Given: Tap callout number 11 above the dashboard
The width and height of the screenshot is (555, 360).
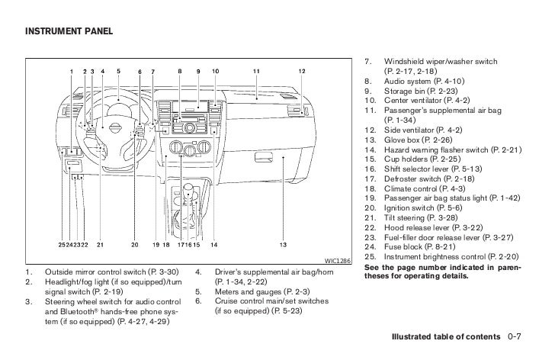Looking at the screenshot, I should [256, 72].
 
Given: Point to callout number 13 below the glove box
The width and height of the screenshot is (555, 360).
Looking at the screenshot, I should [283, 244].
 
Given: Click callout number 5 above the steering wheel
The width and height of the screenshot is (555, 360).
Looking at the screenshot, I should [118, 72].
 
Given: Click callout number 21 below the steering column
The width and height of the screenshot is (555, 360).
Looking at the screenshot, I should [100, 244].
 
